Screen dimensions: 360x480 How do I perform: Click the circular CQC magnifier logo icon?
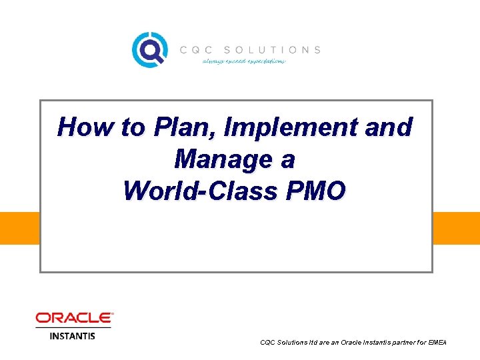tap(148, 49)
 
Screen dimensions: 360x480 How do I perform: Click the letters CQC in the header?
tap(196, 50)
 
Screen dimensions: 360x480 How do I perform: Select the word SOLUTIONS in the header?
tap(272, 50)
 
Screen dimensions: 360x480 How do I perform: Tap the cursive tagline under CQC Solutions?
tap(244, 61)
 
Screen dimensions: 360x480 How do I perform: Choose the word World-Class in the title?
tap(201, 191)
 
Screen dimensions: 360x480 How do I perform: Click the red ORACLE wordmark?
tap(74, 318)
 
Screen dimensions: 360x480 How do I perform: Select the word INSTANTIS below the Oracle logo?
tap(73, 335)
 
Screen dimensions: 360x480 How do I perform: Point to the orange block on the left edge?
tap(19, 228)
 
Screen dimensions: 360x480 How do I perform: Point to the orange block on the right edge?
tap(457, 228)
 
